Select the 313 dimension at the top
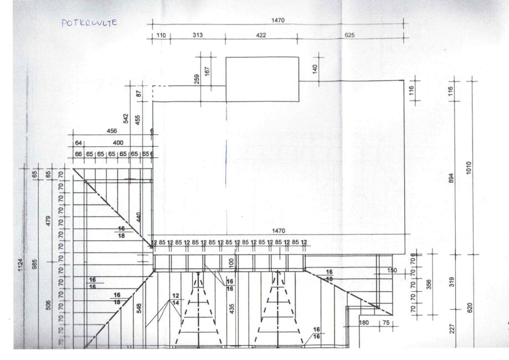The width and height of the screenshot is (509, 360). click(198, 35)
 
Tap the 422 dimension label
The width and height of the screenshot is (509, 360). click(261, 35)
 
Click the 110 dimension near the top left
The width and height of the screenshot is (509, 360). click(161, 35)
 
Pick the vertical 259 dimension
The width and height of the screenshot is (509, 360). click(197, 79)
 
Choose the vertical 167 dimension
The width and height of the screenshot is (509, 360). click(207, 71)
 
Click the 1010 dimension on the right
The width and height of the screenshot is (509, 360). click(469, 167)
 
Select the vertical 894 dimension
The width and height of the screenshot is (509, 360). click(450, 179)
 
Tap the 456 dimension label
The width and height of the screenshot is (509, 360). click(111, 131)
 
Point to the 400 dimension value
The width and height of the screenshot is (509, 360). click(118, 143)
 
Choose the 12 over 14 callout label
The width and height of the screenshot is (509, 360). click(176, 300)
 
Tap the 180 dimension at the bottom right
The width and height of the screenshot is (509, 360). click(364, 323)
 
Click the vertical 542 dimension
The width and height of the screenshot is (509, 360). click(126, 119)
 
